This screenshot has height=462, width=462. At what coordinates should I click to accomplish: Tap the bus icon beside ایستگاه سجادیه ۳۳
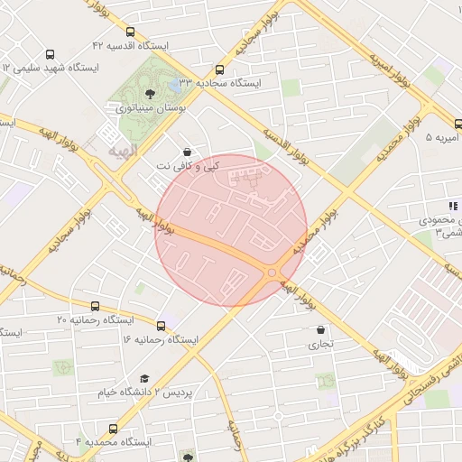pyautogui.click(x=219, y=69)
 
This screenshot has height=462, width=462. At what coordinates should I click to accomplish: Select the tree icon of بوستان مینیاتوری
pyautogui.click(x=150, y=92)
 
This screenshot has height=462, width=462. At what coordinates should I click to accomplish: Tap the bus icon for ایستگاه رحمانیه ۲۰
pyautogui.click(x=96, y=306)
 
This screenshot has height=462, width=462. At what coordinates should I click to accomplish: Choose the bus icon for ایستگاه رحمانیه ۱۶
pyautogui.click(x=162, y=325)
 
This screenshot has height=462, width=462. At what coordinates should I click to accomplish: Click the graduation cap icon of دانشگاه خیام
pyautogui.click(x=144, y=378)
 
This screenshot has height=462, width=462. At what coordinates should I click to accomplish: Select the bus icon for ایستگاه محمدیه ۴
pyautogui.click(x=113, y=429)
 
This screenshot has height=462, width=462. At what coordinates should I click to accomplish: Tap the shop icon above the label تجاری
pyautogui.click(x=321, y=329)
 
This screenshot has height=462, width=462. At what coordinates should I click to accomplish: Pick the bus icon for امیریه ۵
pyautogui.click(x=458, y=124)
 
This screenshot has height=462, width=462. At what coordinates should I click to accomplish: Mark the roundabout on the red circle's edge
pyautogui.click(x=272, y=273)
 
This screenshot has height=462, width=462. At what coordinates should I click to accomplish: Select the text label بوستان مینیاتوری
pyautogui.click(x=145, y=107)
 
